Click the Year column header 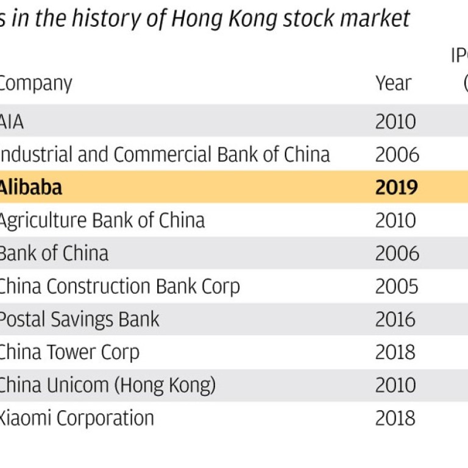coord(393,83)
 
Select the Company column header coord(35,83)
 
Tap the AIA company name coord(12,122)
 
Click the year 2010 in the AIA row coord(395,122)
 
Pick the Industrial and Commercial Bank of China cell coord(164,155)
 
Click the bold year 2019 coord(397,187)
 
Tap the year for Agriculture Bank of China coord(395,220)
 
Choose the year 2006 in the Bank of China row coord(397,253)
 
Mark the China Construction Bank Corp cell coord(119,286)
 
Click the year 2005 coord(397,286)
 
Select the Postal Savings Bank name coord(79,319)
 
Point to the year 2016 coord(395,319)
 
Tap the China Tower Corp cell coord(69,352)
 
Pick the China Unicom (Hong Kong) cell coord(107,385)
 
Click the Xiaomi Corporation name coord(76,418)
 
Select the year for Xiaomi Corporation coord(395,418)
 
